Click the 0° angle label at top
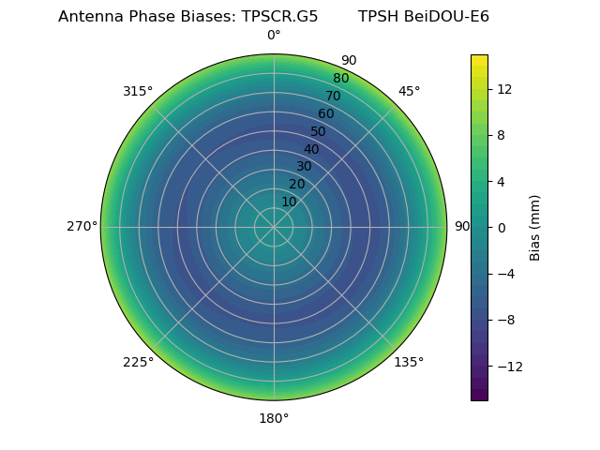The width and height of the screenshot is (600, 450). (x=274, y=36)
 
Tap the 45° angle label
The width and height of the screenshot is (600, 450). (x=409, y=91)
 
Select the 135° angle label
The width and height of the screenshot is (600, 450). (x=409, y=362)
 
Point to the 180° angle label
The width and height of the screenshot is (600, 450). (x=274, y=418)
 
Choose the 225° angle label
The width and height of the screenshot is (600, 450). (x=138, y=362)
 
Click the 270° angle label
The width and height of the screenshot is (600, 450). (x=82, y=226)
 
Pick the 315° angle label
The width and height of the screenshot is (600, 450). (x=138, y=91)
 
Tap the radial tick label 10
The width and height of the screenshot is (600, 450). (x=289, y=202)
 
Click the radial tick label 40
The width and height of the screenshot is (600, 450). (x=311, y=149)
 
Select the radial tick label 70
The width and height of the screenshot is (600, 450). (x=333, y=96)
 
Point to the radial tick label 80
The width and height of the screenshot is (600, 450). (x=340, y=78)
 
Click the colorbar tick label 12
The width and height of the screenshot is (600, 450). (x=503, y=89)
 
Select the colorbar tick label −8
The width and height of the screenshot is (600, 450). (x=503, y=320)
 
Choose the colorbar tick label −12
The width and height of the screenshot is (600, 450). (x=506, y=366)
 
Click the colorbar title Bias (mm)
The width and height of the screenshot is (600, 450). (x=535, y=227)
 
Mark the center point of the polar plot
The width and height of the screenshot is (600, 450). (x=274, y=227)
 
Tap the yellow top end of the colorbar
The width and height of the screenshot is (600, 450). (x=479, y=59)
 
